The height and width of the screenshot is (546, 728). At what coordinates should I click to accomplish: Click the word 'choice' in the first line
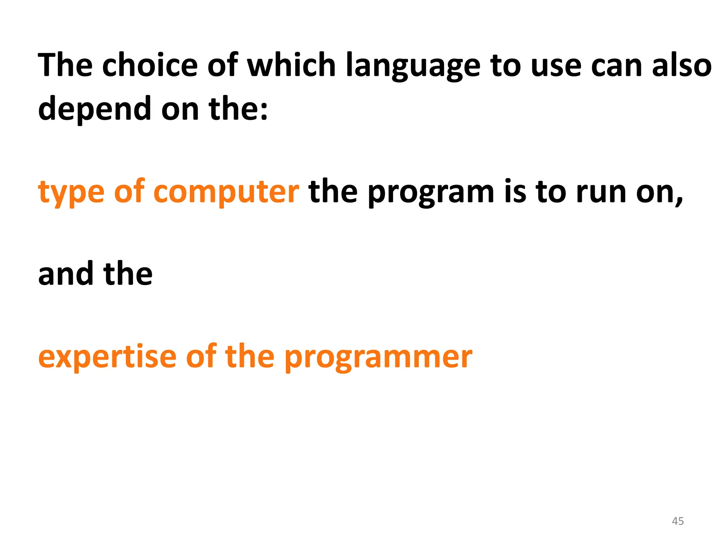(150, 65)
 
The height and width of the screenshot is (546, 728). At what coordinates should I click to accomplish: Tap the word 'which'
(291, 65)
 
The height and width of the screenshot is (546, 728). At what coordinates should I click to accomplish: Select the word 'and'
(66, 274)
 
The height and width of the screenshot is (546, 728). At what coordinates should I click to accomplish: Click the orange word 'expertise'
(107, 357)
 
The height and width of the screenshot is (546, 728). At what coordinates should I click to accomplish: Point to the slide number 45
(678, 521)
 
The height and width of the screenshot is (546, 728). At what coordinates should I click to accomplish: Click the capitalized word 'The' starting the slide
(65, 65)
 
